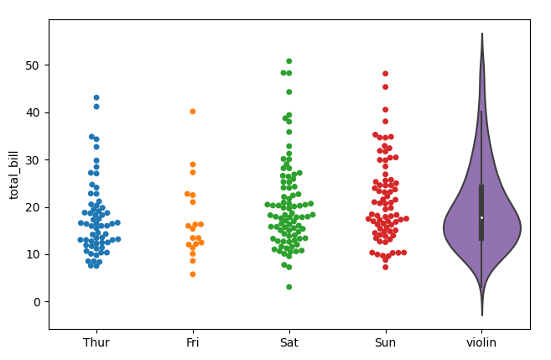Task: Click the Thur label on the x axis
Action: (96, 342)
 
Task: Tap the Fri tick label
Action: (193, 342)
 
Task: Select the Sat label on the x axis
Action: (289, 342)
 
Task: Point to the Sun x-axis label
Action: (386, 342)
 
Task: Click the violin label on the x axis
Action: (481, 342)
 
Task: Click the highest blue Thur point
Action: (96, 97)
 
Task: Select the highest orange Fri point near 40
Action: (193, 111)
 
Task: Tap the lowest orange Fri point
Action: (193, 274)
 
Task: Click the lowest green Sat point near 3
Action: (289, 287)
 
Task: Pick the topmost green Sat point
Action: (289, 61)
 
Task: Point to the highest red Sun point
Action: (386, 74)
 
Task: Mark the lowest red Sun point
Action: (386, 267)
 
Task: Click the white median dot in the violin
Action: (482, 217)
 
